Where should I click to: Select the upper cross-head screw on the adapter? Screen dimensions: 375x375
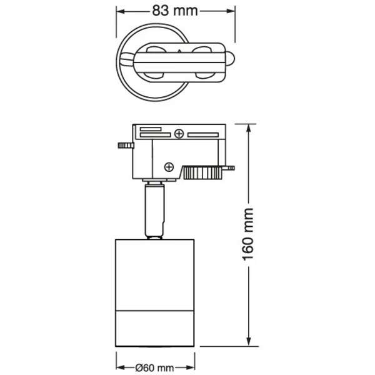(x=179, y=133)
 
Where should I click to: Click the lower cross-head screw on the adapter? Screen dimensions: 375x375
(x=168, y=166)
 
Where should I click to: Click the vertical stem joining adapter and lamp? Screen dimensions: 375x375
(x=154, y=209)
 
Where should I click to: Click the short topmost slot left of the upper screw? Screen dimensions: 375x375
(x=150, y=129)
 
